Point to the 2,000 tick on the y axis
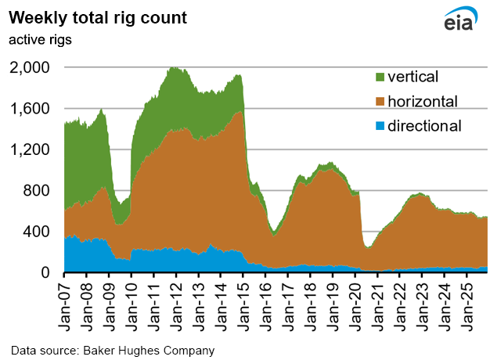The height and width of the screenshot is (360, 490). coord(30,68)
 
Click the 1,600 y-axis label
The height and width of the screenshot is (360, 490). coord(30,109)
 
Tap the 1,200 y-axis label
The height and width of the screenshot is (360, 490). coord(30,149)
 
